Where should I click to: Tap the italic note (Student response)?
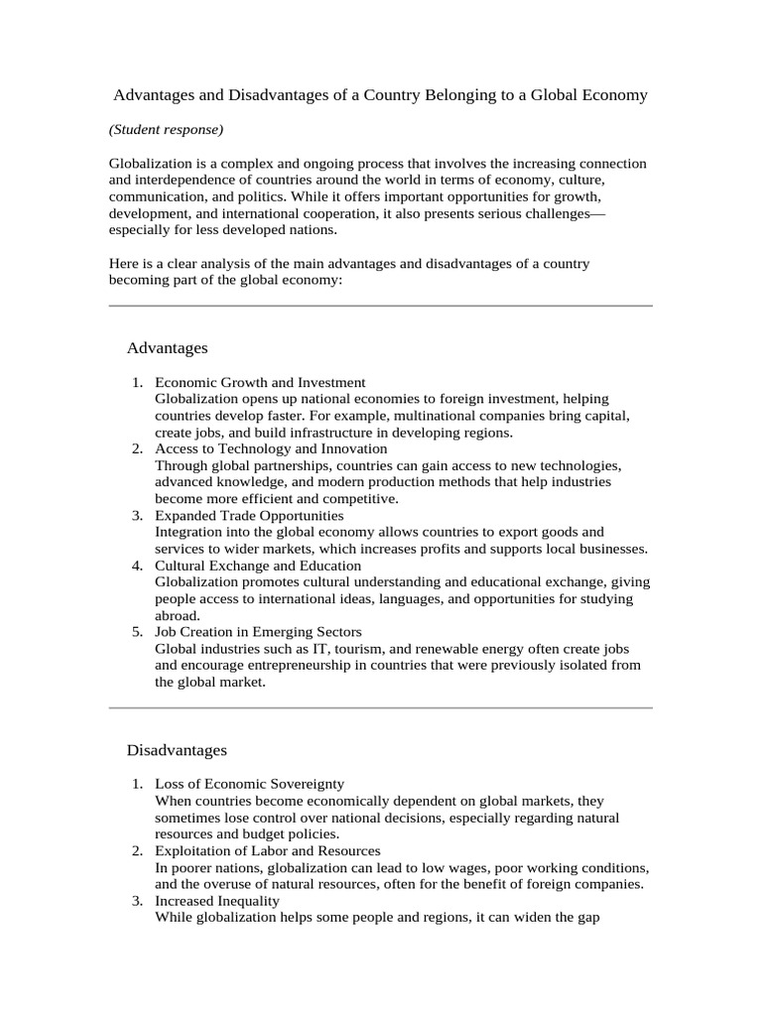[x=166, y=130]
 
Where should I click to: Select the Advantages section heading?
[x=167, y=347]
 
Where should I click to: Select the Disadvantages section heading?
[x=177, y=749]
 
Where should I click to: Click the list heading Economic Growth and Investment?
[x=260, y=382]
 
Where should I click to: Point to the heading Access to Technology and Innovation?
[x=271, y=448]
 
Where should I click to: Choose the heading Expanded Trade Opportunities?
[x=249, y=515]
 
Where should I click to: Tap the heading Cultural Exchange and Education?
[x=258, y=566]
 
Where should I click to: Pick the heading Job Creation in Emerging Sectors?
[x=258, y=631]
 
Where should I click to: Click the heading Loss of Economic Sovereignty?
[x=249, y=784]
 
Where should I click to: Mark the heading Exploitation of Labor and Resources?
[x=267, y=850]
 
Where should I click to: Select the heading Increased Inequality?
[x=217, y=900]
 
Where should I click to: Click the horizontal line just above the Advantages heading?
[x=380, y=306]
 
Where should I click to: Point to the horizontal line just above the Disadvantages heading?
[x=380, y=707]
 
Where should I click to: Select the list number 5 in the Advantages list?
[x=138, y=631]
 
